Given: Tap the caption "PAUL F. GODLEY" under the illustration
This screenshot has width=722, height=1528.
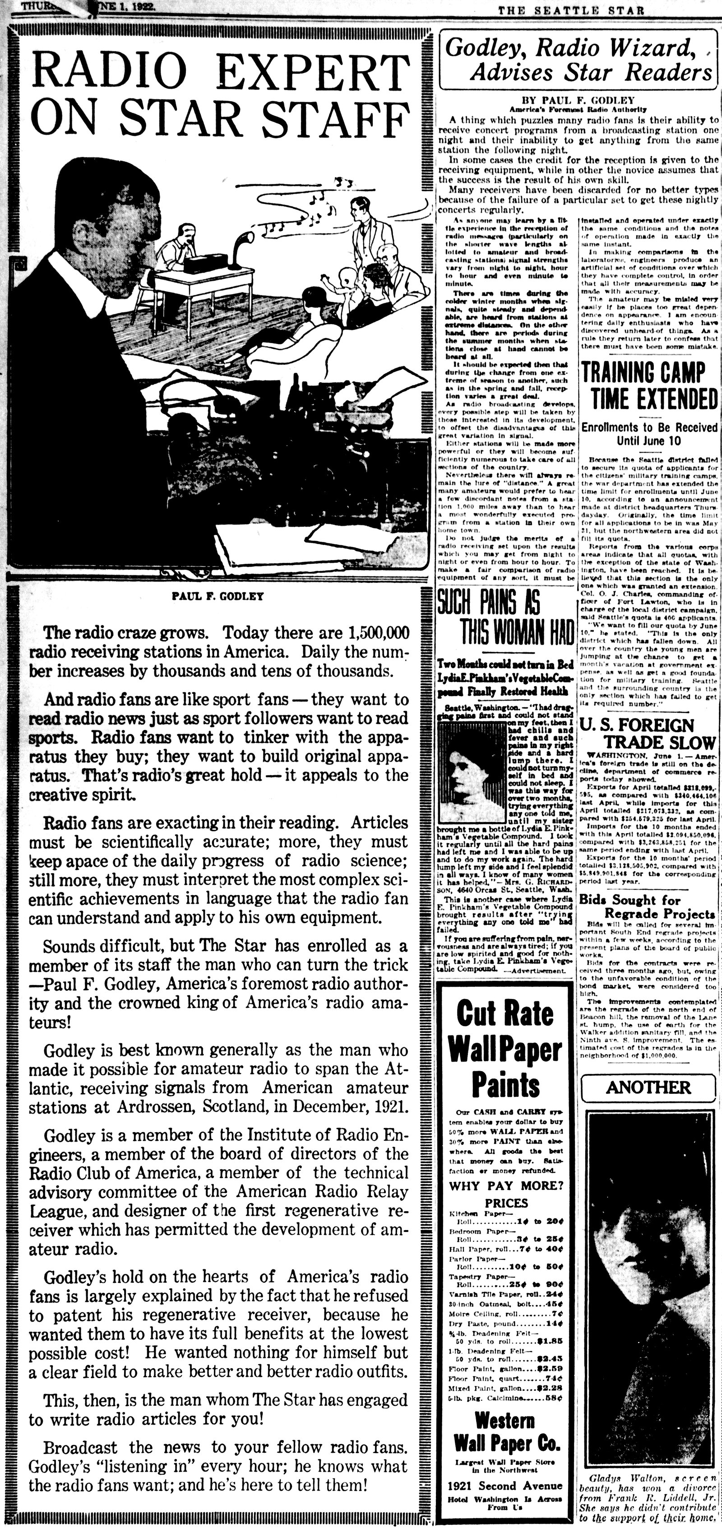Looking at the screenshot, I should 218,596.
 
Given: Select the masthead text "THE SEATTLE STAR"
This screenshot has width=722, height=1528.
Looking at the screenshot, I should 570,10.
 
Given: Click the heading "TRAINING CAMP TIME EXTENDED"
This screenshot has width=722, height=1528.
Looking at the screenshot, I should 648,386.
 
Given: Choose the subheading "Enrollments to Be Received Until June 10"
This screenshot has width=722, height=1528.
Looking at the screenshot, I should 648,434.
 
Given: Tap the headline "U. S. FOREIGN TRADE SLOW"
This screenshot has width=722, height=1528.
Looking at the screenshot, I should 648,734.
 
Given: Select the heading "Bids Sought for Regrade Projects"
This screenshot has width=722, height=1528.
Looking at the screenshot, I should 648,906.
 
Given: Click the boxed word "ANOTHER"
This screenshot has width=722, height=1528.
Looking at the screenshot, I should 648,1087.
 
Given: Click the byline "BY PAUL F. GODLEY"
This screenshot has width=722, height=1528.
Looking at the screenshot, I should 577,100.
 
